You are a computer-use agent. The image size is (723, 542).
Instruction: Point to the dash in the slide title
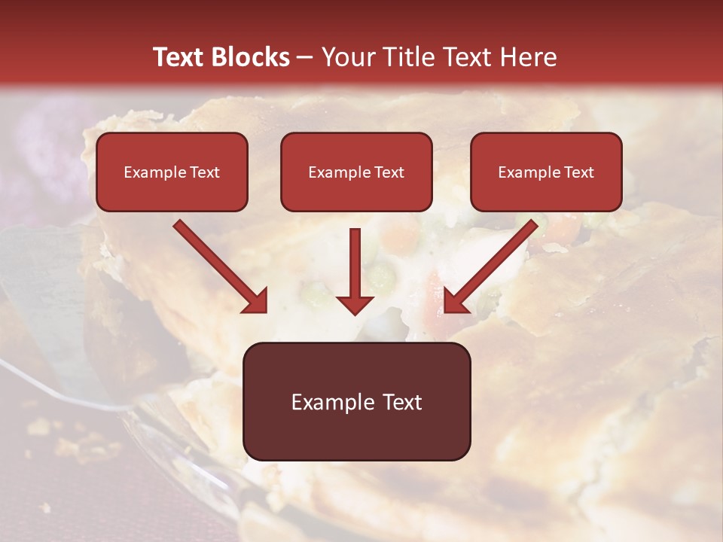pyautogui.click(x=305, y=58)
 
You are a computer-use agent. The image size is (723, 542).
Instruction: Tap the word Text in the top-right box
pyautogui.click(x=578, y=172)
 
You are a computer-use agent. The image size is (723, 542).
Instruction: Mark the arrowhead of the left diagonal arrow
pyautogui.click(x=256, y=300)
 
